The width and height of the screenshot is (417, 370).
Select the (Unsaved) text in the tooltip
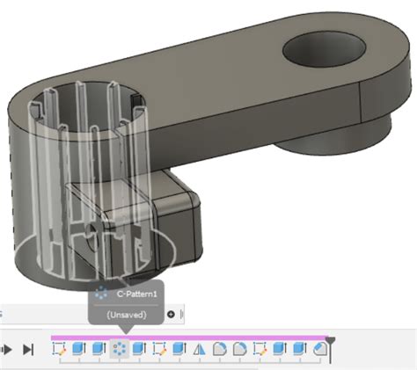[125, 314]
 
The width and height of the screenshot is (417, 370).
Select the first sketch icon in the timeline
[60, 349]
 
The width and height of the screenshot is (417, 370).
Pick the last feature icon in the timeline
[320, 349]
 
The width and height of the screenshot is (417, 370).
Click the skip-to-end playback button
[27, 349]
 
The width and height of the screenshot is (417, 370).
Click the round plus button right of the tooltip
[171, 314]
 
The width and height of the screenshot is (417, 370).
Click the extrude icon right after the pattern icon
[140, 349]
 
